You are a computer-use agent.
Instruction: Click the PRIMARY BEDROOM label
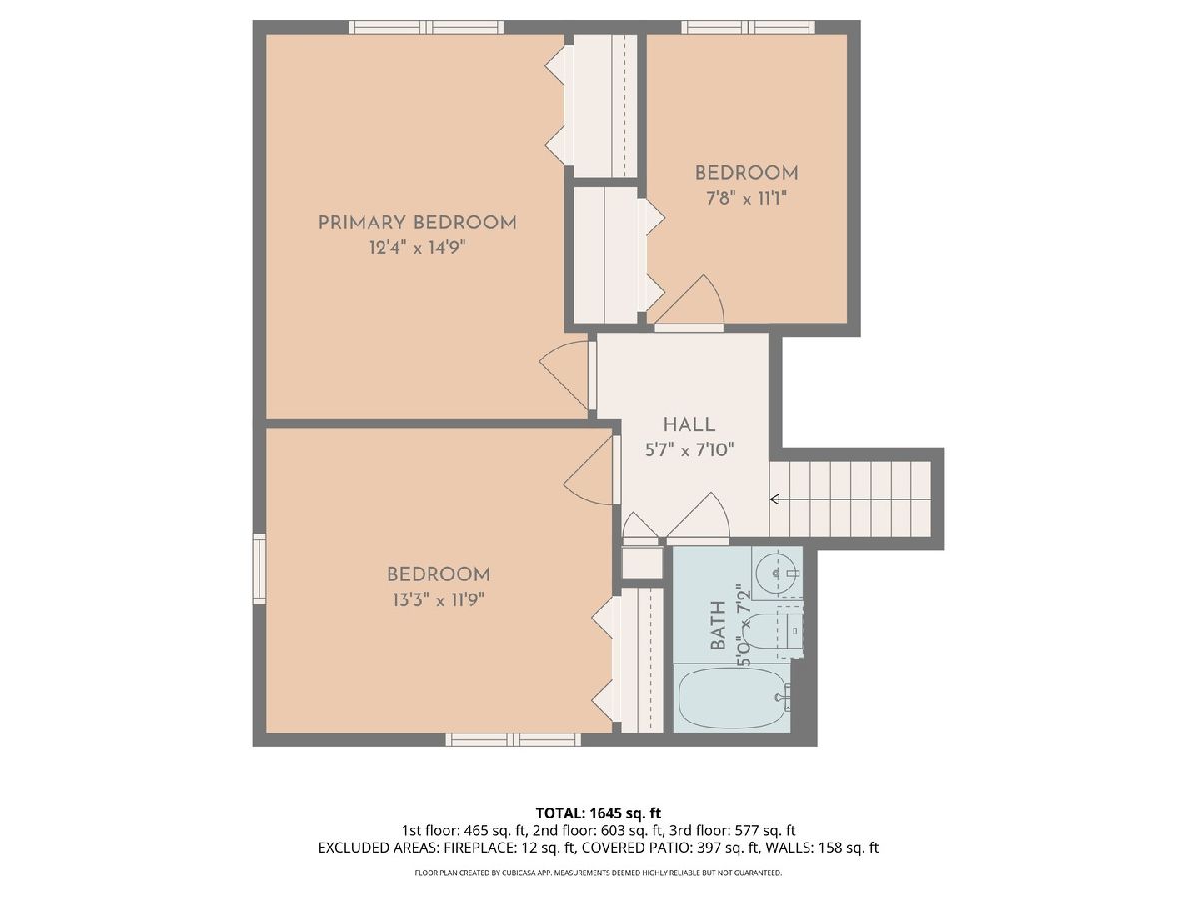417,223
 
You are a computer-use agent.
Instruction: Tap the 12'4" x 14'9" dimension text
417,248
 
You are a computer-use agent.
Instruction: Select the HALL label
689,424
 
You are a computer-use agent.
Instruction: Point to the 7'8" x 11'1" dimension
746,198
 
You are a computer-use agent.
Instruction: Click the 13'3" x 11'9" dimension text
438,600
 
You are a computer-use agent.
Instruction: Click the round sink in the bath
775,572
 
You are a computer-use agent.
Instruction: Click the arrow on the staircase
774,498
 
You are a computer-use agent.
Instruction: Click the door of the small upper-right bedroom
689,303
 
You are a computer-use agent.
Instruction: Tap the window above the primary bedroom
426,27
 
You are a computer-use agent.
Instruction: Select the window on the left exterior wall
259,569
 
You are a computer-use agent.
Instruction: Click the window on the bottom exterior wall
513,739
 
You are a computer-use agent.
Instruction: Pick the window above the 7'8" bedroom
748,27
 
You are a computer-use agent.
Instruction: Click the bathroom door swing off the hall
698,518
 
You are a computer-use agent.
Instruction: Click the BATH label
718,625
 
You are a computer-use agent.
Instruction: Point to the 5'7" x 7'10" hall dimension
689,450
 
